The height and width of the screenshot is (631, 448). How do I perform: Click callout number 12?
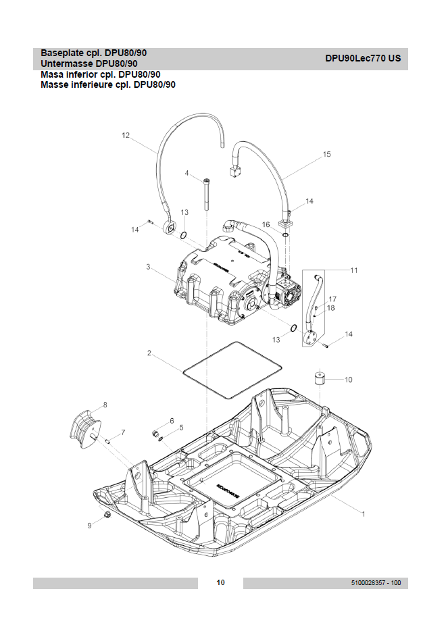click(125, 135)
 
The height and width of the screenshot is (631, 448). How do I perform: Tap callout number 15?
click(327, 155)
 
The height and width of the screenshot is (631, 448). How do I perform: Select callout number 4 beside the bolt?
click(187, 173)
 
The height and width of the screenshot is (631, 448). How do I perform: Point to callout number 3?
click(147, 268)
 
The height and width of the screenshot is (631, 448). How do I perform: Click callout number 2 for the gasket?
click(149, 353)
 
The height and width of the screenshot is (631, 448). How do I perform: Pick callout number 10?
click(349, 380)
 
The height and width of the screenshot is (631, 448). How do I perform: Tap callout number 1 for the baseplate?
click(364, 514)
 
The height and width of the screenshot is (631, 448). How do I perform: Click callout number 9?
click(89, 524)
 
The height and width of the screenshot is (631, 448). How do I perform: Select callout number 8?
click(105, 405)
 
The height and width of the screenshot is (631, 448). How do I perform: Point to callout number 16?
click(266, 224)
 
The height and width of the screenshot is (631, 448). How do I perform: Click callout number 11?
click(353, 270)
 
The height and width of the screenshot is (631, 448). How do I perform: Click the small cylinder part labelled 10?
click(320, 378)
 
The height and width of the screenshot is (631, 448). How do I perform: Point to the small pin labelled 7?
click(108, 440)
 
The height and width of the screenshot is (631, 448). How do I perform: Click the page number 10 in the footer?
click(220, 583)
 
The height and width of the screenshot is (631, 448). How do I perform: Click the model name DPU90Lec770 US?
click(363, 58)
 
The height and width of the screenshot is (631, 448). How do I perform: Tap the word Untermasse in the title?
click(64, 64)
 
